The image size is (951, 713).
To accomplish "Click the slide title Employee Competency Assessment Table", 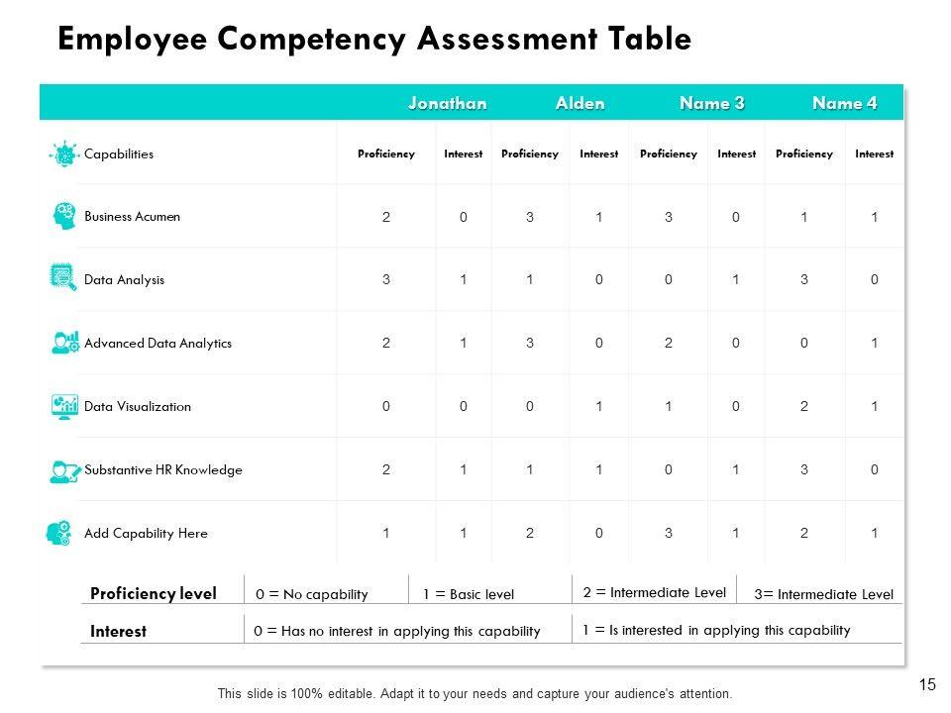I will [374, 39].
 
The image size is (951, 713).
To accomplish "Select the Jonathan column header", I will [448, 103].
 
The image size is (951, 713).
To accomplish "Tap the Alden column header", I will [580, 103].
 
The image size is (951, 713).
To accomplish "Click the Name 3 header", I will [711, 103].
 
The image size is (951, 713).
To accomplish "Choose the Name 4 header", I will [844, 103].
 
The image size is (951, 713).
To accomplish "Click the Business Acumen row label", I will [133, 216].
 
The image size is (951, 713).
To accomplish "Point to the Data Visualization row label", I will [138, 406].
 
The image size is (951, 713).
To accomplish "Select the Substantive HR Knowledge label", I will [163, 469].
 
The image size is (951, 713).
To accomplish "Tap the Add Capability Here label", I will [147, 533].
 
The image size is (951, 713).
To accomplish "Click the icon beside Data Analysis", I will [63, 278].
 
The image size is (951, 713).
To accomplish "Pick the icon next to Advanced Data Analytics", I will [64, 343].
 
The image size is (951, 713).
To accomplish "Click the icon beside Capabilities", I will [64, 153].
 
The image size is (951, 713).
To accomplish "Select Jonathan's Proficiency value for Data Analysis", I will [386, 280].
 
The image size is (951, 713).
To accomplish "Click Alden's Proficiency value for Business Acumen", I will [530, 217].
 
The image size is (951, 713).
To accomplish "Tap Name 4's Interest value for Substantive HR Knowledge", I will [875, 470].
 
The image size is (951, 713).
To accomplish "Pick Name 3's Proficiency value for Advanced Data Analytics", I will [669, 344].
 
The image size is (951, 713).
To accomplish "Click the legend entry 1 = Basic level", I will [469, 594].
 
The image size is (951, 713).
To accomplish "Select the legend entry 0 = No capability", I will [311, 594].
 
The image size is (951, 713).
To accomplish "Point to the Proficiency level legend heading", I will [153, 594].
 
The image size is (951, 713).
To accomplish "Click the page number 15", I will [928, 683].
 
